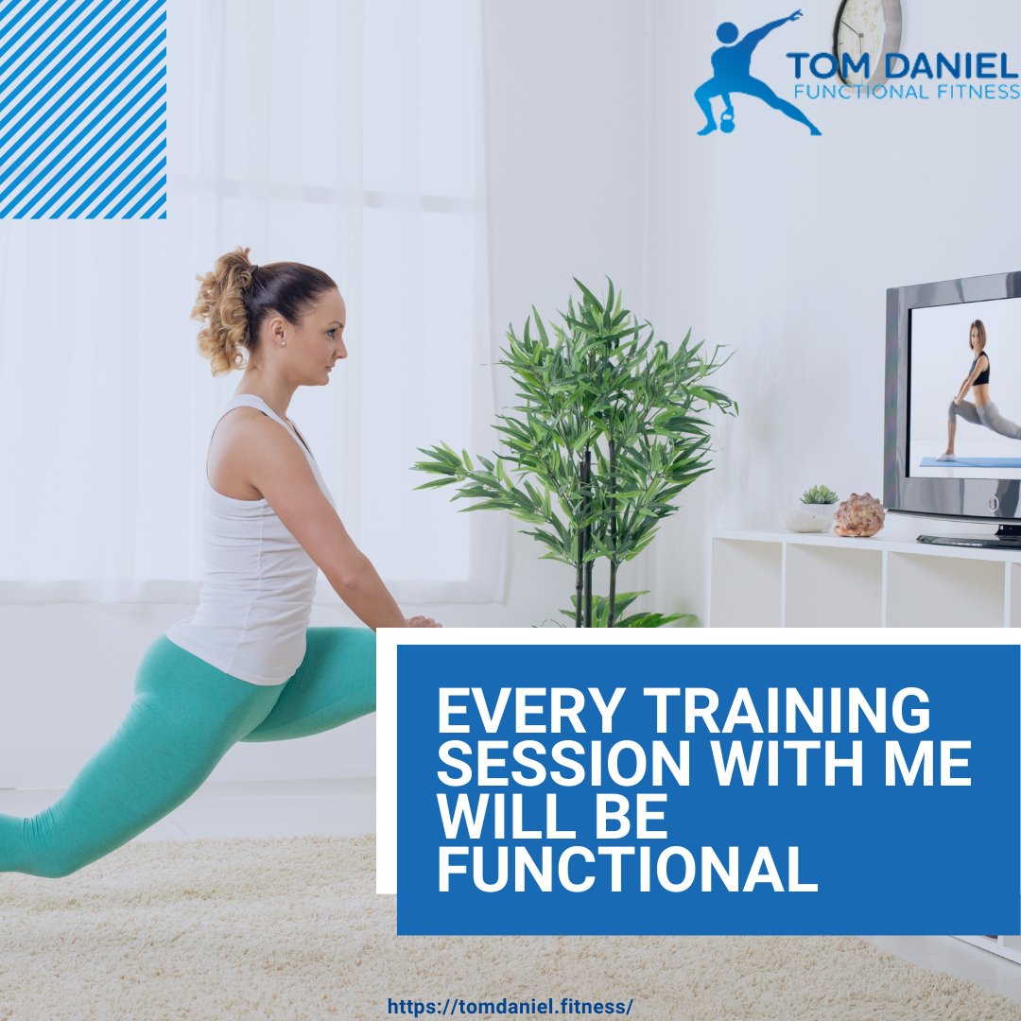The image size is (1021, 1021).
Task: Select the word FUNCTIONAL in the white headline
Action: pyautogui.click(x=626, y=869)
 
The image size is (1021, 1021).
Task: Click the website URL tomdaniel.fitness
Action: pyautogui.click(x=510, y=1007)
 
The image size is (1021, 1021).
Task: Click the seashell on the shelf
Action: pyautogui.click(x=859, y=515)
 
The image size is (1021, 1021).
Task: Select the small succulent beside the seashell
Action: pyautogui.click(x=819, y=496)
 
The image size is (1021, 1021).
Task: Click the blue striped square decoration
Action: pyautogui.click(x=83, y=109)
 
